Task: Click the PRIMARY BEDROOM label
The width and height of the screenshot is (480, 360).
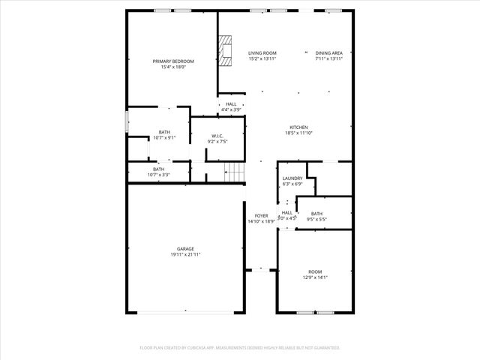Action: pos(173,61)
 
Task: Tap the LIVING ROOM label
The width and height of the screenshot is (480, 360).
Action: pos(262,53)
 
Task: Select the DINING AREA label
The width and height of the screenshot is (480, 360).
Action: pos(328,53)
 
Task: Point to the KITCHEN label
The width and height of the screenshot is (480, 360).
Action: pos(299,127)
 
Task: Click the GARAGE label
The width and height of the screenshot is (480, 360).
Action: pos(185,249)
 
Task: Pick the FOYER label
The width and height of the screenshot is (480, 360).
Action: pos(261,216)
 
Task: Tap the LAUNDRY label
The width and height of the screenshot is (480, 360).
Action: pos(292,178)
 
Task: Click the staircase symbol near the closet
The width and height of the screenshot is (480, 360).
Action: pos(235,172)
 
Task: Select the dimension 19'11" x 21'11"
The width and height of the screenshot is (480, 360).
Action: pos(185,255)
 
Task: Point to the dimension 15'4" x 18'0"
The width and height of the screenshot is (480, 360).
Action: pos(173,67)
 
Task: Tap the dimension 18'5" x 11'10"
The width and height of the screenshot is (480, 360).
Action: pos(299,133)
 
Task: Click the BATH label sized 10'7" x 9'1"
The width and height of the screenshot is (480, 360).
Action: pos(164,132)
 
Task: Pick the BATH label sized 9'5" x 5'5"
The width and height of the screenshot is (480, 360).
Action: pos(316,214)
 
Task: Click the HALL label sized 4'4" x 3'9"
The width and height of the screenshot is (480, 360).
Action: pos(231,104)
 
